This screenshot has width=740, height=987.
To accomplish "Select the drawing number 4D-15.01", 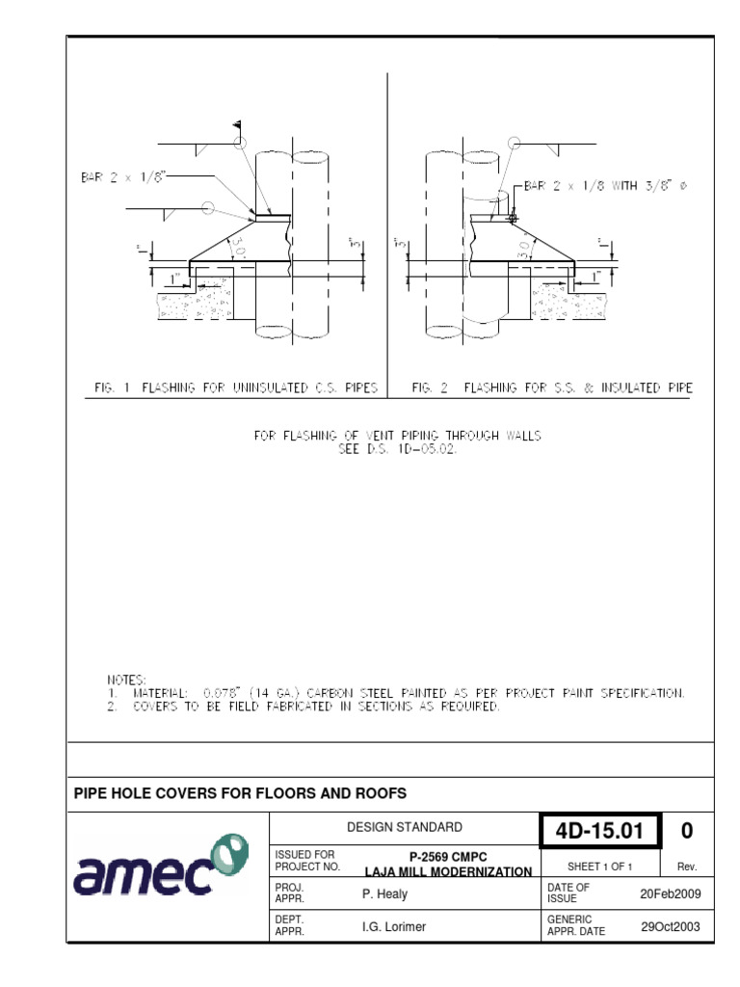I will [x=599, y=831].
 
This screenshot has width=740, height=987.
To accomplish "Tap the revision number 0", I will [x=686, y=831].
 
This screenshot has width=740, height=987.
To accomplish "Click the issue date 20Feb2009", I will [x=671, y=894].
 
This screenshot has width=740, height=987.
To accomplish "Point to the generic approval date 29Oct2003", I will [x=671, y=925].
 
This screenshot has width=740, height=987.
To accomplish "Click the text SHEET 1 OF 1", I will [x=599, y=867].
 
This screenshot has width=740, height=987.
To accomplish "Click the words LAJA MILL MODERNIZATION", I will [x=448, y=871].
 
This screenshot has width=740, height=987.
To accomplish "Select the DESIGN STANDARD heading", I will [x=404, y=827].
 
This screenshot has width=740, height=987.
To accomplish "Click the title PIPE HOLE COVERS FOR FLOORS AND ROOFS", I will [x=241, y=793].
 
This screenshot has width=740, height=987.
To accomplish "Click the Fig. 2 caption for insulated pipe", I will [x=551, y=388].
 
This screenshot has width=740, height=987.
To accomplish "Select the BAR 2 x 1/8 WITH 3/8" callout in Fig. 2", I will [x=607, y=186].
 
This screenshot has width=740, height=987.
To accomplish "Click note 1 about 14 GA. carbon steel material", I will [x=395, y=693].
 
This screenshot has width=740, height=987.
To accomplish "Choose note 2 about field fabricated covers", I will [x=303, y=707].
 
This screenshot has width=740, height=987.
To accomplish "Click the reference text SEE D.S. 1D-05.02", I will [x=397, y=448].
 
